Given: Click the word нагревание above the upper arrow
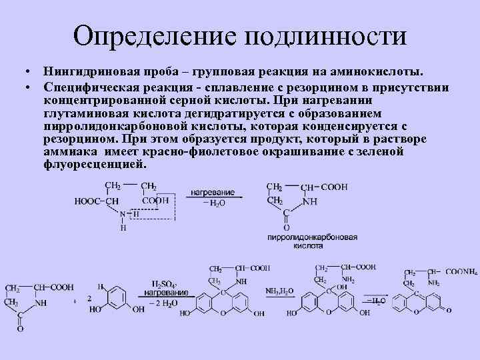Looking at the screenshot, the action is [212, 191].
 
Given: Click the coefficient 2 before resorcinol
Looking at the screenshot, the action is [89, 298].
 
